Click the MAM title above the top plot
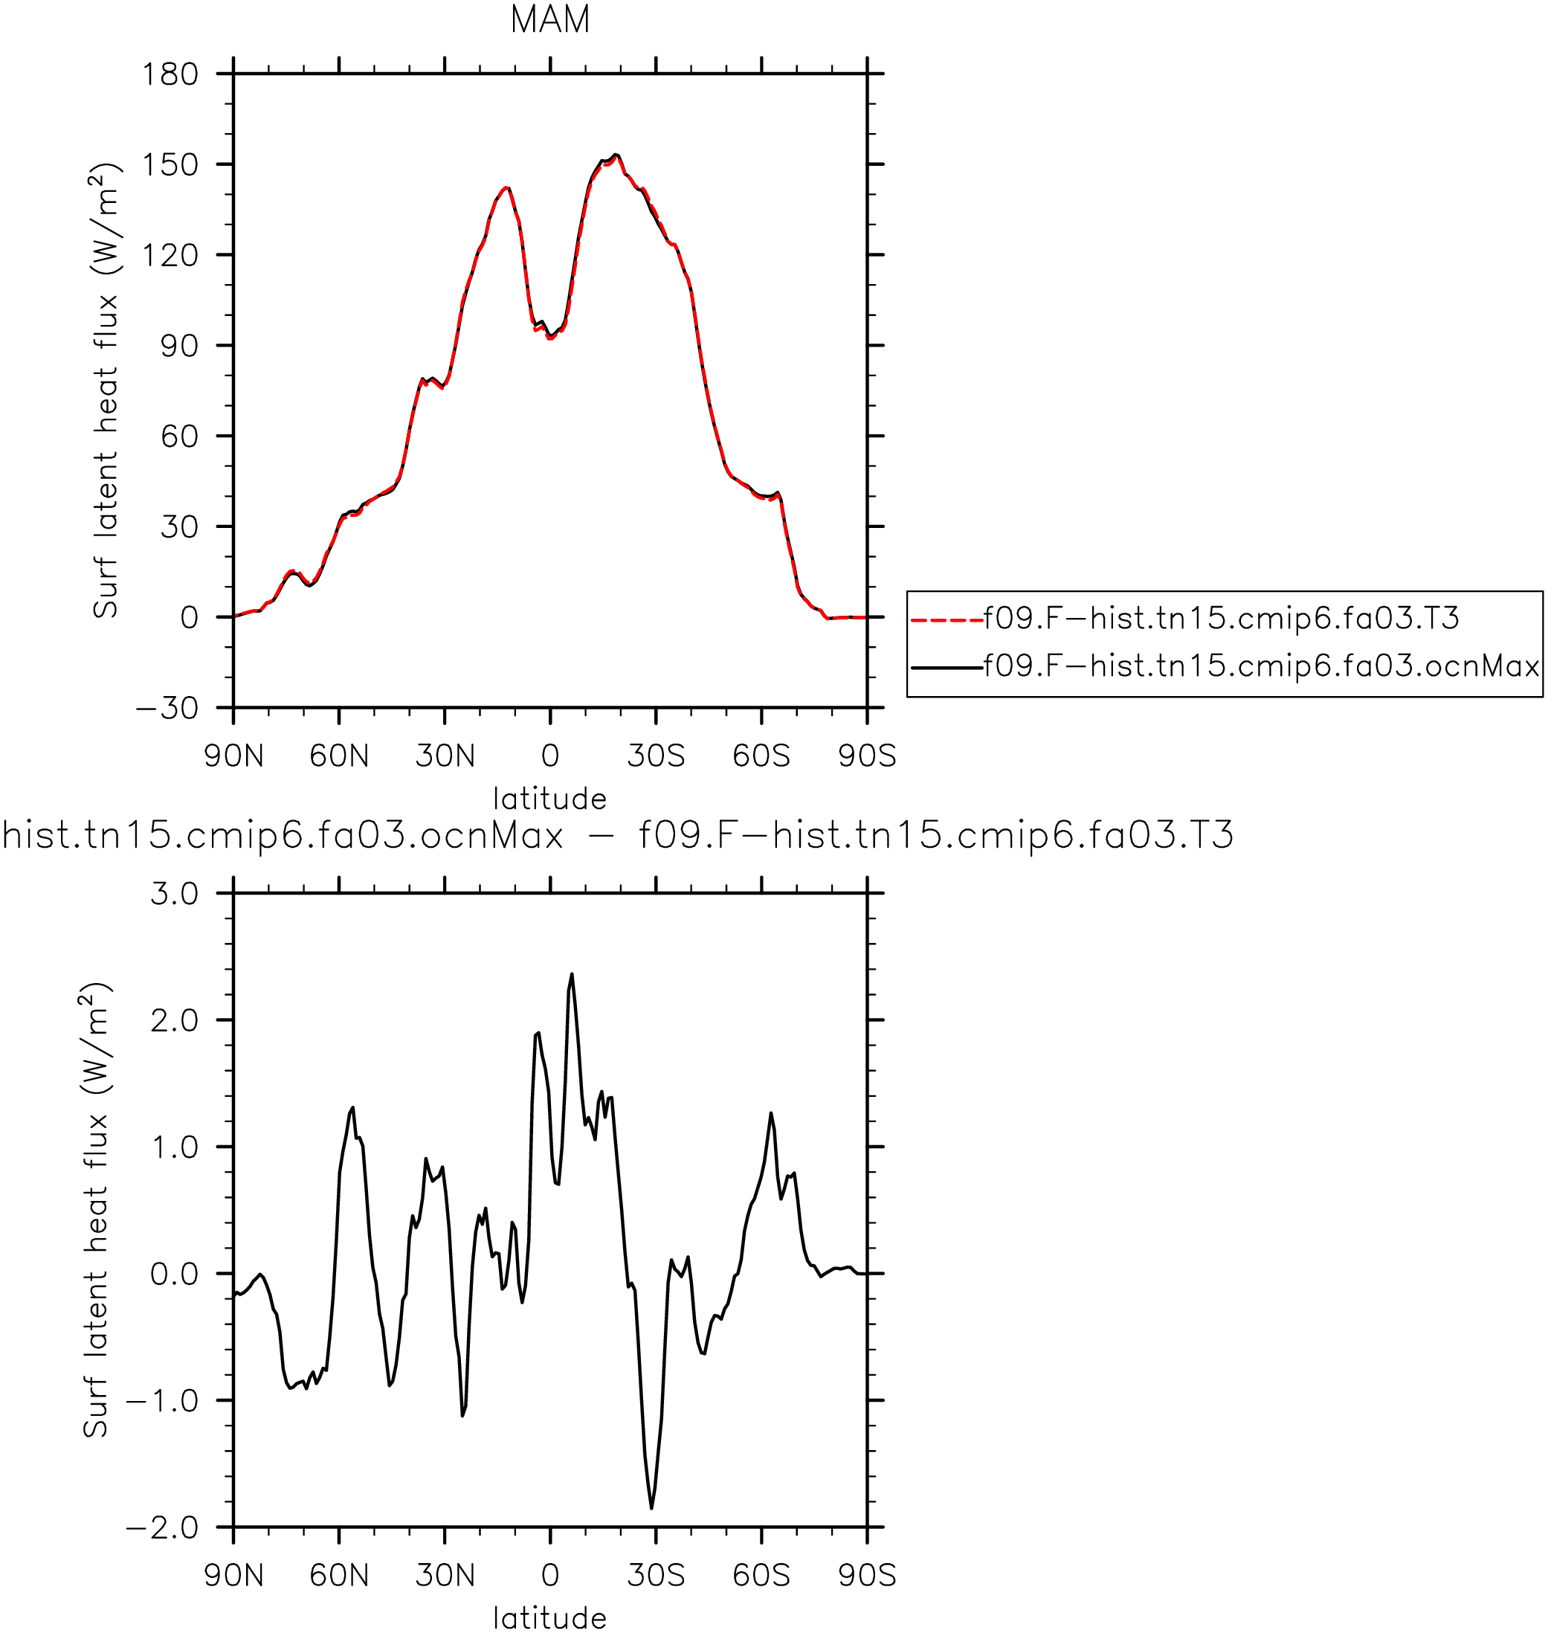coord(550,20)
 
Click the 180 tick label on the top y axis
coord(171,75)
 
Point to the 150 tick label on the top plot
coord(171,165)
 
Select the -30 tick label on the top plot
coord(167,708)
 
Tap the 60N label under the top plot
coord(339,756)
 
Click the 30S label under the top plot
coord(656,756)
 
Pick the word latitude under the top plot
coord(550,798)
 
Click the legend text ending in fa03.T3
coord(1222,618)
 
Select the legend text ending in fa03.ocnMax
coord(1262,666)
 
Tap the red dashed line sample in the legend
coord(947,619)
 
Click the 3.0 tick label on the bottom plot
coord(175,894)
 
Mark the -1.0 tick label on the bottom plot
coord(163,1401)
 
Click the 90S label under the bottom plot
coord(867,1576)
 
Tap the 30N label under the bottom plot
coord(445,1576)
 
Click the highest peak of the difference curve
coord(572,973)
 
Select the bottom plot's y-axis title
coord(96,1211)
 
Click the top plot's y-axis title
coord(106,390)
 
